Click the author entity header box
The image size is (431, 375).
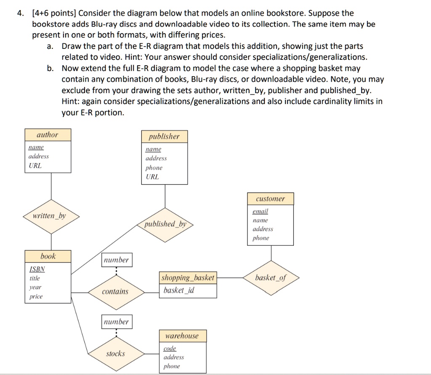click(x=48, y=135)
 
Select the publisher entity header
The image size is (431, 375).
click(x=164, y=137)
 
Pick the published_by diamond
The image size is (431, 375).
click(x=165, y=224)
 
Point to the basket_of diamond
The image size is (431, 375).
click(x=271, y=278)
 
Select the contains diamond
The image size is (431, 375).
click(x=115, y=292)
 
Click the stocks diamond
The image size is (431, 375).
click(x=115, y=354)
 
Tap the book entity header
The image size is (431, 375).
click(x=48, y=256)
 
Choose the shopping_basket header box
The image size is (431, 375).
click(x=188, y=278)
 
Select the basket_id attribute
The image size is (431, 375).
click(x=179, y=290)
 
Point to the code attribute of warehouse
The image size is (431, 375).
click(x=170, y=348)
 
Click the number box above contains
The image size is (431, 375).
click(x=117, y=260)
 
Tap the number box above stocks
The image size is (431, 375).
click(x=117, y=322)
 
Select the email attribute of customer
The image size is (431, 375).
click(x=260, y=211)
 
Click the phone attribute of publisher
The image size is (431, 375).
click(x=154, y=168)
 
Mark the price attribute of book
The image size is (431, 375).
click(x=36, y=297)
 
